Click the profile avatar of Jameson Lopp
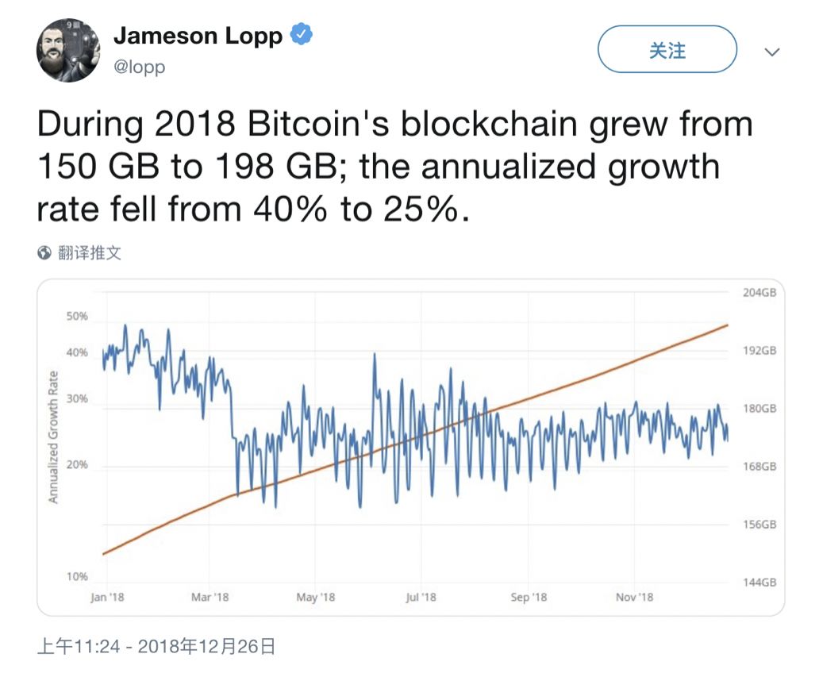coord(68,51)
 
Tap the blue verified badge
coord(302,36)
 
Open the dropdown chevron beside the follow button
coord(771,52)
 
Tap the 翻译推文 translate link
coord(89,253)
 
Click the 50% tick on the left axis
coord(77,316)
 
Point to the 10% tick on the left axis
coord(77,576)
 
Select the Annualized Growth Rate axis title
coord(54,436)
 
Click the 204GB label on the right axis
coord(759,293)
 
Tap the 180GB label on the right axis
coord(759,409)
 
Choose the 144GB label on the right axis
coord(759,583)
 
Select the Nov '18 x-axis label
coord(633,597)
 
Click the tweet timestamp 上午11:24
coord(79,647)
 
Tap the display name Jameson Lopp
coord(198,36)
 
